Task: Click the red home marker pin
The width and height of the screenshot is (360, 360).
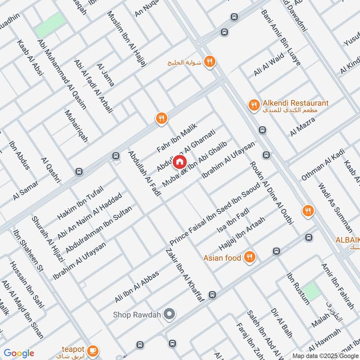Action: point(180,161)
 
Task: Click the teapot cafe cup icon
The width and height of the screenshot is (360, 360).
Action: point(93,350)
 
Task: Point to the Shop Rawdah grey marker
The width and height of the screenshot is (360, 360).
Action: point(169,314)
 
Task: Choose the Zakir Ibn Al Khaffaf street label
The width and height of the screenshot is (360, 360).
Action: point(185,275)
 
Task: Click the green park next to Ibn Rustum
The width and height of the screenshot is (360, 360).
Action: point(311,292)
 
